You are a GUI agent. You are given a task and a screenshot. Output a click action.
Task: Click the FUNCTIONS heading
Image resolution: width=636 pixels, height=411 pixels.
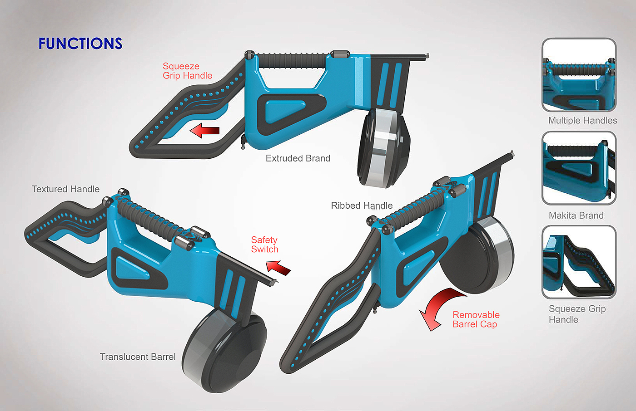[80, 44]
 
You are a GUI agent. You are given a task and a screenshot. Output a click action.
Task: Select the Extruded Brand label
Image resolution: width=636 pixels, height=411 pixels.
[298, 158]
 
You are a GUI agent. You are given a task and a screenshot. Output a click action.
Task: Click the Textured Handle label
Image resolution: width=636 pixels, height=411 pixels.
[65, 189]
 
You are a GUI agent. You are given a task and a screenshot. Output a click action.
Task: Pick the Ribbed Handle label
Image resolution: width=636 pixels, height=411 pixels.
[362, 205]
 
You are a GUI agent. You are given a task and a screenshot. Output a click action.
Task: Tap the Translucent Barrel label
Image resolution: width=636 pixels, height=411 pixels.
[138, 357]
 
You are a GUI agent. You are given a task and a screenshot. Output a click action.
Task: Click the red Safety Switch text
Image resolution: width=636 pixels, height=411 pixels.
[264, 245]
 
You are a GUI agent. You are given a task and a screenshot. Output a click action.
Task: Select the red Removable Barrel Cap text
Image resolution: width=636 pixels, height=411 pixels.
[476, 319]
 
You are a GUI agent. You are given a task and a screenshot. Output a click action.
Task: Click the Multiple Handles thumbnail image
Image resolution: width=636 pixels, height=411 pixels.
[579, 75]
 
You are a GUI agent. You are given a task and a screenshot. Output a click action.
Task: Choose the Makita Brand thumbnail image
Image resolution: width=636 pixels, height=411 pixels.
[579, 168]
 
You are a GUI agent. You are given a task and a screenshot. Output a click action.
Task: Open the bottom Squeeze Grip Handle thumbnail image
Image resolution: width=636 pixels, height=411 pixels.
[579, 262]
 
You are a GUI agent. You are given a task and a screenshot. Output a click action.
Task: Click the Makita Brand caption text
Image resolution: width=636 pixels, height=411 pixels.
[576, 215]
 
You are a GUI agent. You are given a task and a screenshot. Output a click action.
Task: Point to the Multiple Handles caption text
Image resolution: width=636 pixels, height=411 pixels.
[582, 121]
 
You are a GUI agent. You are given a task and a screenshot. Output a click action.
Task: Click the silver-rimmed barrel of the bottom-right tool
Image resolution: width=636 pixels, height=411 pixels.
[477, 256]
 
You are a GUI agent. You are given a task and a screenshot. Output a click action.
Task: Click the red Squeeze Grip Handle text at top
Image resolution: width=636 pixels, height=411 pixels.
[187, 71]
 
